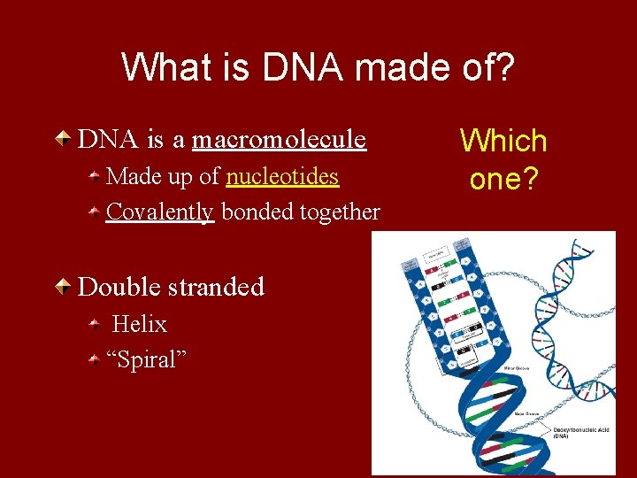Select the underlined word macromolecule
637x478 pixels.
click(x=279, y=140)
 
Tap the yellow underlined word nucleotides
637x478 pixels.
click(x=282, y=177)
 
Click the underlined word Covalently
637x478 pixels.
click(x=160, y=212)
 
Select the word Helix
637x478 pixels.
click(x=140, y=325)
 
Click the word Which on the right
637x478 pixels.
click(x=503, y=140)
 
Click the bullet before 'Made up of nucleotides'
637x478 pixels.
click(x=94, y=177)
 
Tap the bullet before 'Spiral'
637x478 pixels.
click(x=94, y=360)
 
